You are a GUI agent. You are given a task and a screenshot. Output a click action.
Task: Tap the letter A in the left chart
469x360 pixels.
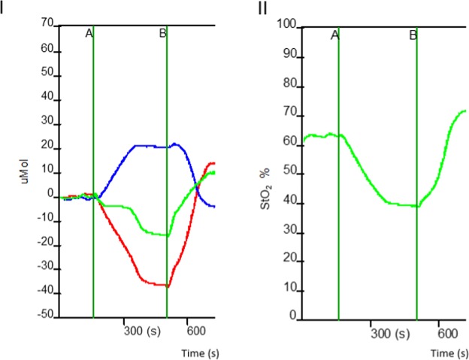(89, 34)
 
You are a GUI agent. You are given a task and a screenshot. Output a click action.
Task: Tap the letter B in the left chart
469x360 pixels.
(162, 34)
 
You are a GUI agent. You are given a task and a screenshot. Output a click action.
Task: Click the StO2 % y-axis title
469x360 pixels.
(265, 176)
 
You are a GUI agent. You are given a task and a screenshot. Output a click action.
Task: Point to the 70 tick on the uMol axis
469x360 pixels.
(47, 25)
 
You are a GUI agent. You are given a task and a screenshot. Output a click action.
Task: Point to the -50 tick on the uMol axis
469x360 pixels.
(45, 316)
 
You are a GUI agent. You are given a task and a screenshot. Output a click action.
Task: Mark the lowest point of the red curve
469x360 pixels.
(167, 286)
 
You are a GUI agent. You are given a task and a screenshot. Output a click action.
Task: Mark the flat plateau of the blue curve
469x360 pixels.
(150, 146)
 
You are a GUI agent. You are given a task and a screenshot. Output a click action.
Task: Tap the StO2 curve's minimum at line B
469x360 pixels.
(416, 206)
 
